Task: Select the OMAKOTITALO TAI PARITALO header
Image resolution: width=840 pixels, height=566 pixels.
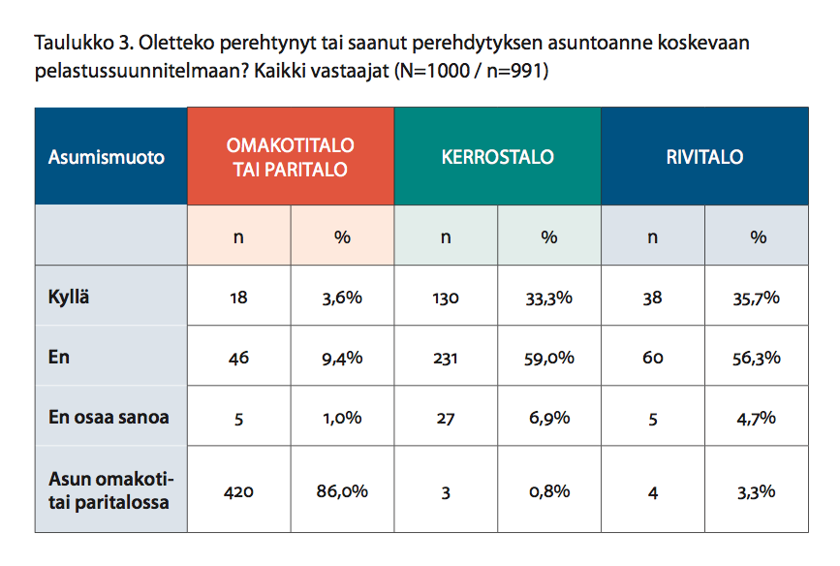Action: pos(290,157)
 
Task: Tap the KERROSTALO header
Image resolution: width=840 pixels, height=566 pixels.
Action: pos(497,156)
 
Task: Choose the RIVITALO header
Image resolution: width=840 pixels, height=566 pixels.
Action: pos(704,156)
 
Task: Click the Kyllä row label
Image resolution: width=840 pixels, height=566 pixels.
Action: pos(69,297)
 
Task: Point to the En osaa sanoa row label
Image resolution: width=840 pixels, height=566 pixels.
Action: pos(109,417)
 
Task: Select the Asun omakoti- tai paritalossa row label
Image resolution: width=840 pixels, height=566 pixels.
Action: pos(110,490)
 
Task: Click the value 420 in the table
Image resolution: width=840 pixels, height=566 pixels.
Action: pos(239,491)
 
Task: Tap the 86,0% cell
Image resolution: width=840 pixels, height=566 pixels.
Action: pos(342,491)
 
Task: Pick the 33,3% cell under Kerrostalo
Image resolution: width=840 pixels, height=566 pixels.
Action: pos(548,298)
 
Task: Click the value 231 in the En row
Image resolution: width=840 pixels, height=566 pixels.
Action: pos(445,358)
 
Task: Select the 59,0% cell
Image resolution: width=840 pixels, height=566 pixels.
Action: pos(549,358)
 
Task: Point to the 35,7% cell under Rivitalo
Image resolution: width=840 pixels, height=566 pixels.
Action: pos(756,298)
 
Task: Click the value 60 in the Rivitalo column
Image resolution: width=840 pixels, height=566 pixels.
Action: pos(652,358)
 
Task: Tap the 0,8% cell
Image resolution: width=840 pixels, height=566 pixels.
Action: pos(549,491)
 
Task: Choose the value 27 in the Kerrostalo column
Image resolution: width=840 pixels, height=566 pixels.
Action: pos(445,418)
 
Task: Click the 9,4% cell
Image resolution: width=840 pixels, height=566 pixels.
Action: pos(342,358)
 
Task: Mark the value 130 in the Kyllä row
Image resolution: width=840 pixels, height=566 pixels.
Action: pos(445,298)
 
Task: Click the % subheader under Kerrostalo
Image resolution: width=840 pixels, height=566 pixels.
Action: pos(549,236)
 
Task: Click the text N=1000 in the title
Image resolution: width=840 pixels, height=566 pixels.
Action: pos(435,71)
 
